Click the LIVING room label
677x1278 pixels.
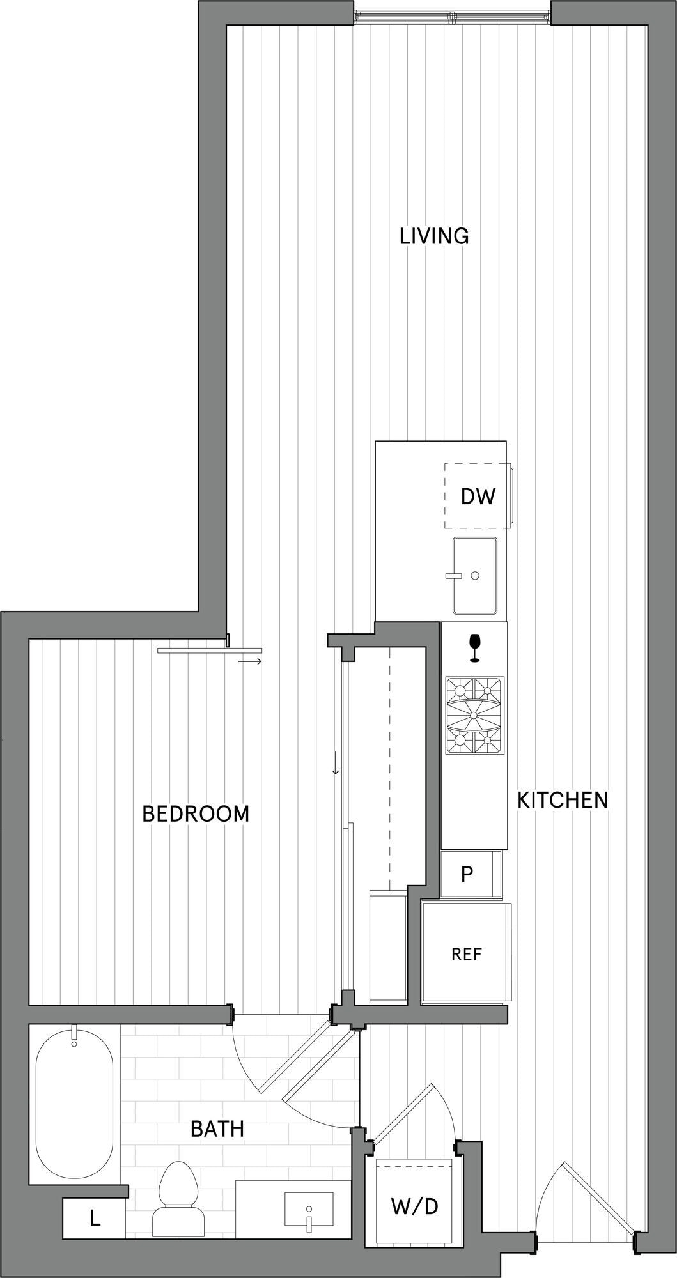434,236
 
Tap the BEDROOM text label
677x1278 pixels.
196,813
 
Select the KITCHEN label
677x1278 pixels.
563,799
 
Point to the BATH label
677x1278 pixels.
217,1129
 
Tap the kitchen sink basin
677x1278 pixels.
475,574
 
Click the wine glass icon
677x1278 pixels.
474,648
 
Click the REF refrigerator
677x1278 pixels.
466,953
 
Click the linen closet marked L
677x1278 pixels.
94,1219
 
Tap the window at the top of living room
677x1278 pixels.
453,17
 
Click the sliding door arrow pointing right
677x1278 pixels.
250,661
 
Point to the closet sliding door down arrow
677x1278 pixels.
335,763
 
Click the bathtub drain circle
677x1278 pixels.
74,1043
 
